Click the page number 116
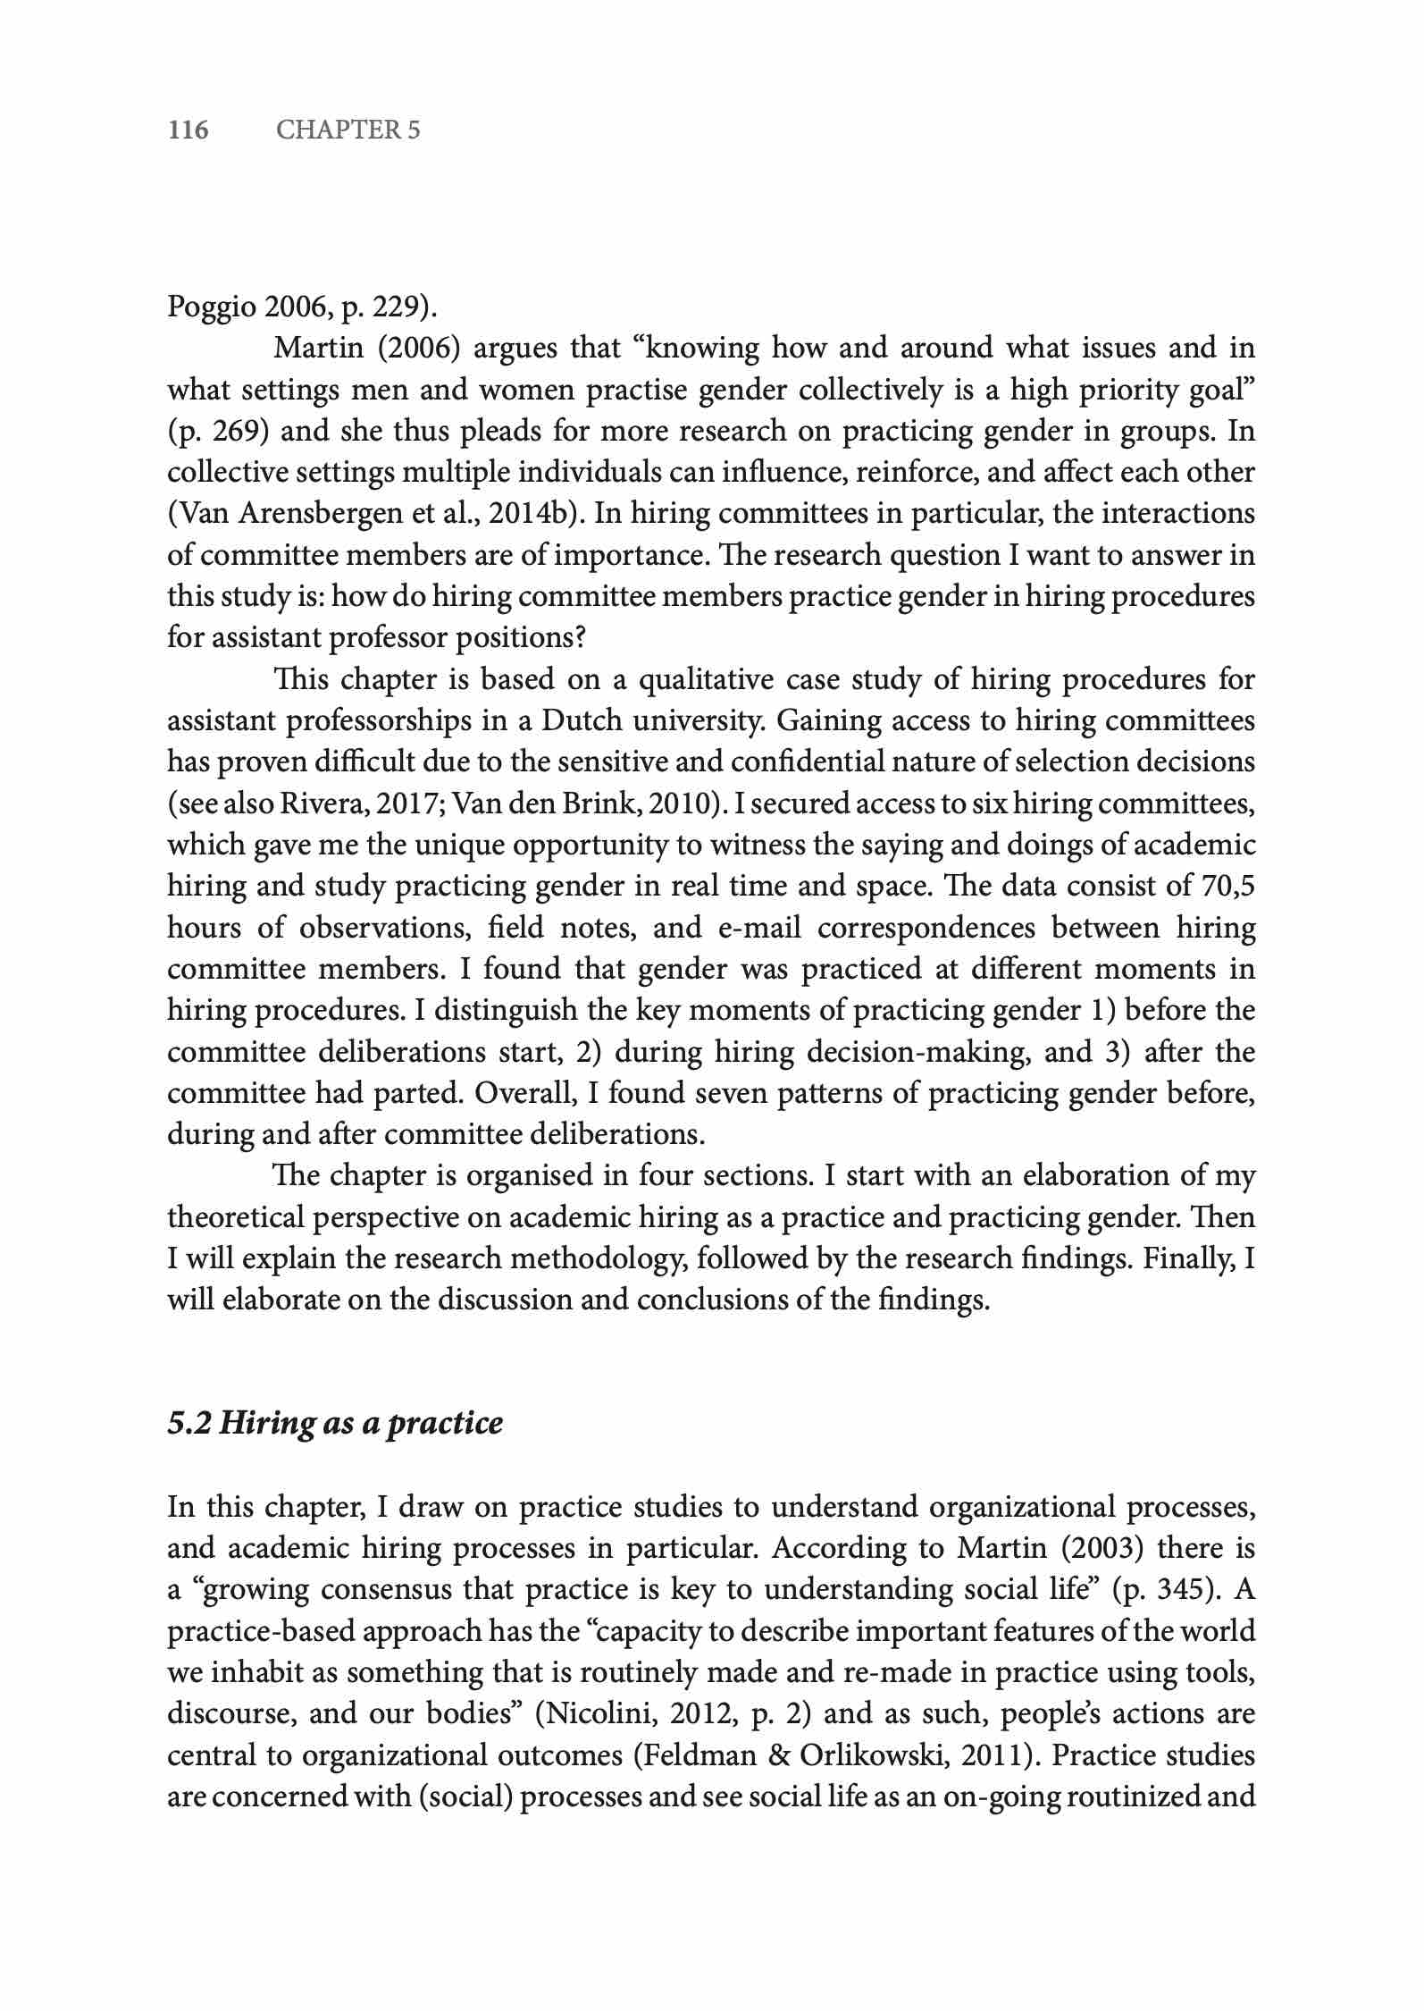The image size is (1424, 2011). (188, 130)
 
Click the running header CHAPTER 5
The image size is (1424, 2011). (348, 130)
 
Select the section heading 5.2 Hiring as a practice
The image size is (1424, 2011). (335, 1422)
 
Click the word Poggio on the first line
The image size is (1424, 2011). (212, 307)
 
